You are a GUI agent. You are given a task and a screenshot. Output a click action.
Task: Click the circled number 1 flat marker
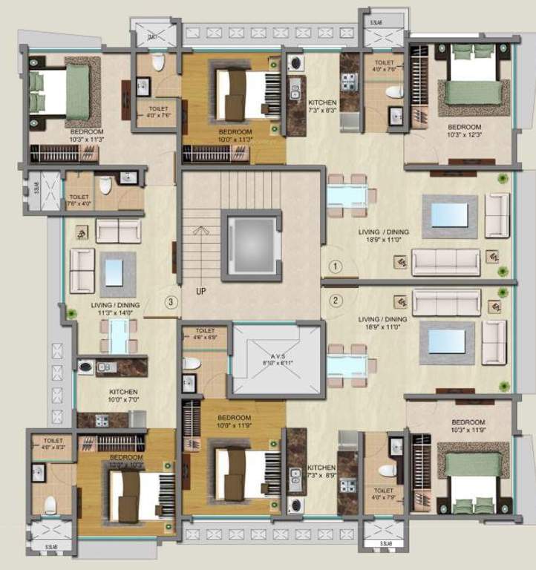[x=335, y=265]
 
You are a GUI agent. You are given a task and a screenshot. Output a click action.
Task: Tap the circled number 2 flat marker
[x=335, y=301]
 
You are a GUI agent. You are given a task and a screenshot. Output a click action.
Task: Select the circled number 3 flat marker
[x=171, y=301]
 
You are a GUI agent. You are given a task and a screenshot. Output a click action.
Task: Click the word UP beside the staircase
[x=200, y=291]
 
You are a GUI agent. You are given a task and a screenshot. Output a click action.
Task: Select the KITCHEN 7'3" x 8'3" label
[x=322, y=106]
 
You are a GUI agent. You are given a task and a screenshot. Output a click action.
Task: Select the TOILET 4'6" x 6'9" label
[x=205, y=334]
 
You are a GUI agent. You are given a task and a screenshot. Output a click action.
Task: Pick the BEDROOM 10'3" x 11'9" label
[x=468, y=426]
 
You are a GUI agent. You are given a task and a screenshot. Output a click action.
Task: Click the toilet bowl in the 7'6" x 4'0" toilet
[x=105, y=186]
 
